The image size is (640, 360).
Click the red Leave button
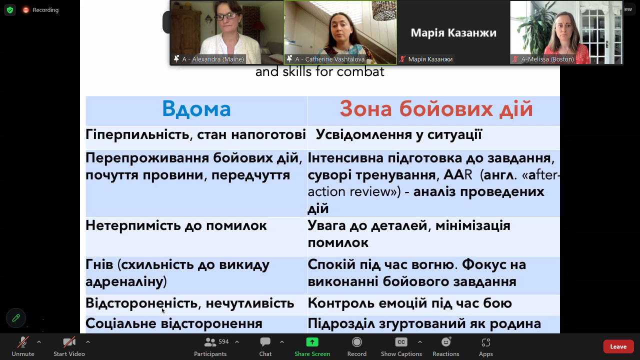618,346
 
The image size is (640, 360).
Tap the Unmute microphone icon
23,342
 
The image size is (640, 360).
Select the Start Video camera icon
69,342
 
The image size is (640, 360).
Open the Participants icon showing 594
210,342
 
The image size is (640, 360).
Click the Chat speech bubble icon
265,341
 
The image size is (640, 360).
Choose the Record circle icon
357,342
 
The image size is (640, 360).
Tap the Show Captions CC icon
401,342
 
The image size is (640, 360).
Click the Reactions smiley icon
446,341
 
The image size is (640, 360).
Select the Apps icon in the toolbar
485,342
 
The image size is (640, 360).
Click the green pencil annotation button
16,317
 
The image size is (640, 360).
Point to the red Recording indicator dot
25,10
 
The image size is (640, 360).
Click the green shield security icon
10,10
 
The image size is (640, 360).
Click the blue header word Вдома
196,109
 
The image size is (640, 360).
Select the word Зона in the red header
365,109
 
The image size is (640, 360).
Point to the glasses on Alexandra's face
226,16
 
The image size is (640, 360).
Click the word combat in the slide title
360,71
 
